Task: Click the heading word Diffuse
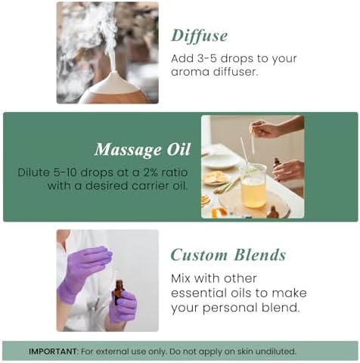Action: [200, 36]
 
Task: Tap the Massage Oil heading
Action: [142, 150]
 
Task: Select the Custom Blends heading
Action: [228, 255]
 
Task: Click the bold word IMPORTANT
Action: [52, 351]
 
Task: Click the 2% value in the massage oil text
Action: [151, 172]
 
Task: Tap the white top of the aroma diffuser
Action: [115, 82]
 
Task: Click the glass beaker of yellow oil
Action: [253, 186]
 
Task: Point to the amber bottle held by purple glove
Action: [119, 292]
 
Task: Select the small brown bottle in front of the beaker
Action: [273, 212]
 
